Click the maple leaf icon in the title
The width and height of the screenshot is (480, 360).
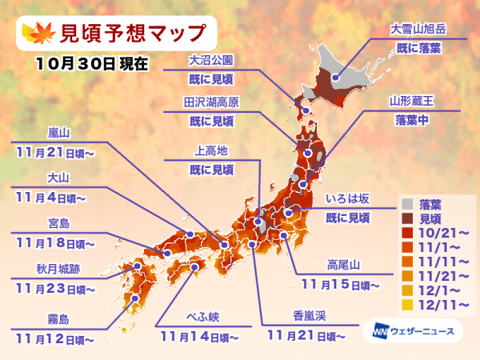click(x=38, y=31)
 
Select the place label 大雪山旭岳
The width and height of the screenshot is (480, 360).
click(x=417, y=28)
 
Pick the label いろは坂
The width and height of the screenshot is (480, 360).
click(x=348, y=197)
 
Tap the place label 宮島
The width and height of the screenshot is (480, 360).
click(x=50, y=223)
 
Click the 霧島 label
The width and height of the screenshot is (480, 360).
click(x=50, y=319)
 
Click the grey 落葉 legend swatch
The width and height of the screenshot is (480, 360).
click(x=407, y=204)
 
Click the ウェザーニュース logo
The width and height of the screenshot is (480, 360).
click(x=415, y=330)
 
